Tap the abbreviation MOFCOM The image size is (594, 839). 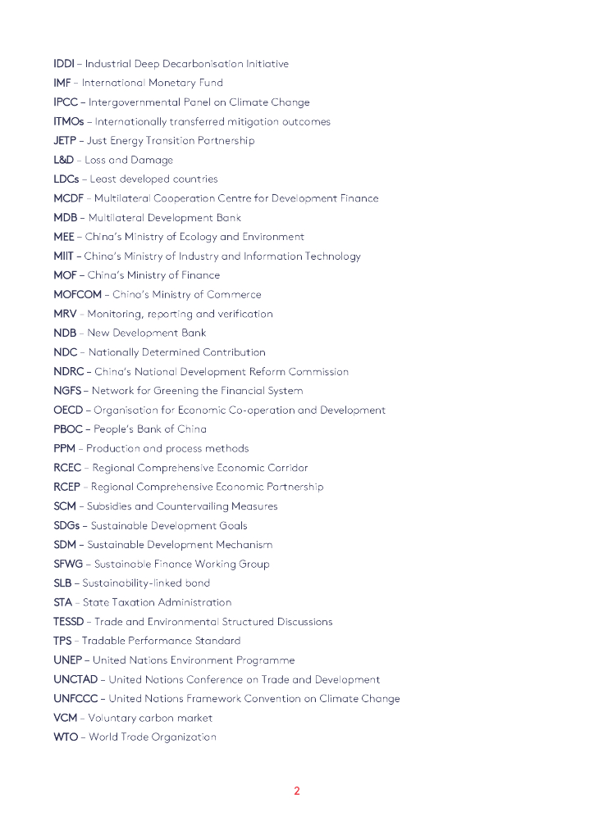coord(77,295)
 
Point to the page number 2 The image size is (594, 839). coord(297,791)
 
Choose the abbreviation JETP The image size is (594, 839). coord(65,141)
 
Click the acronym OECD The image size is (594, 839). coord(68,410)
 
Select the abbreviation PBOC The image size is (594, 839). coord(67,429)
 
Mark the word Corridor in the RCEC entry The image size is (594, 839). coord(285,468)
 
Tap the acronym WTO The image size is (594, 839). coord(66,737)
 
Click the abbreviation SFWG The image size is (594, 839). coord(68,564)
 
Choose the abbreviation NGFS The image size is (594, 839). coord(67,391)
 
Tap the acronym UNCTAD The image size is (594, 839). coord(75,679)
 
